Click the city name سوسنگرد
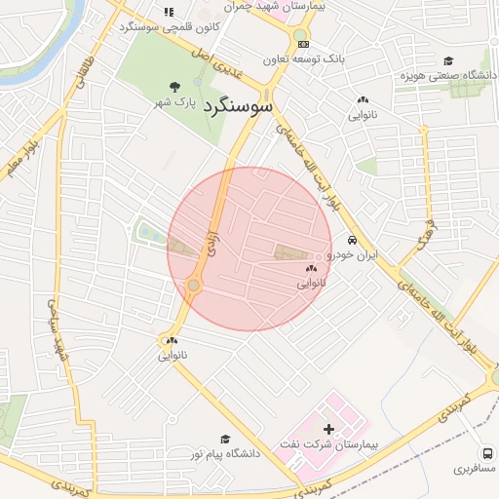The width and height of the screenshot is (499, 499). coord(239,108)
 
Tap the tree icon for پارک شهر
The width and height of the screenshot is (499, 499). coord(175,88)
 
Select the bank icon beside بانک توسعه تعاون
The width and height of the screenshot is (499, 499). coord(303,44)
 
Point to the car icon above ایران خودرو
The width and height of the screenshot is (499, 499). coord(352,241)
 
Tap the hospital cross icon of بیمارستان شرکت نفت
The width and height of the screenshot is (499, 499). coord(327,429)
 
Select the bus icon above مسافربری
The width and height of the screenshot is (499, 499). coord(486,453)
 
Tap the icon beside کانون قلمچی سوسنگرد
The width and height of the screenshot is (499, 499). coord(169,13)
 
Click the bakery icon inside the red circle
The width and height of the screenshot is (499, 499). coord(312,267)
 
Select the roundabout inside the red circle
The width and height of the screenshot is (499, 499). coord(194,285)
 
